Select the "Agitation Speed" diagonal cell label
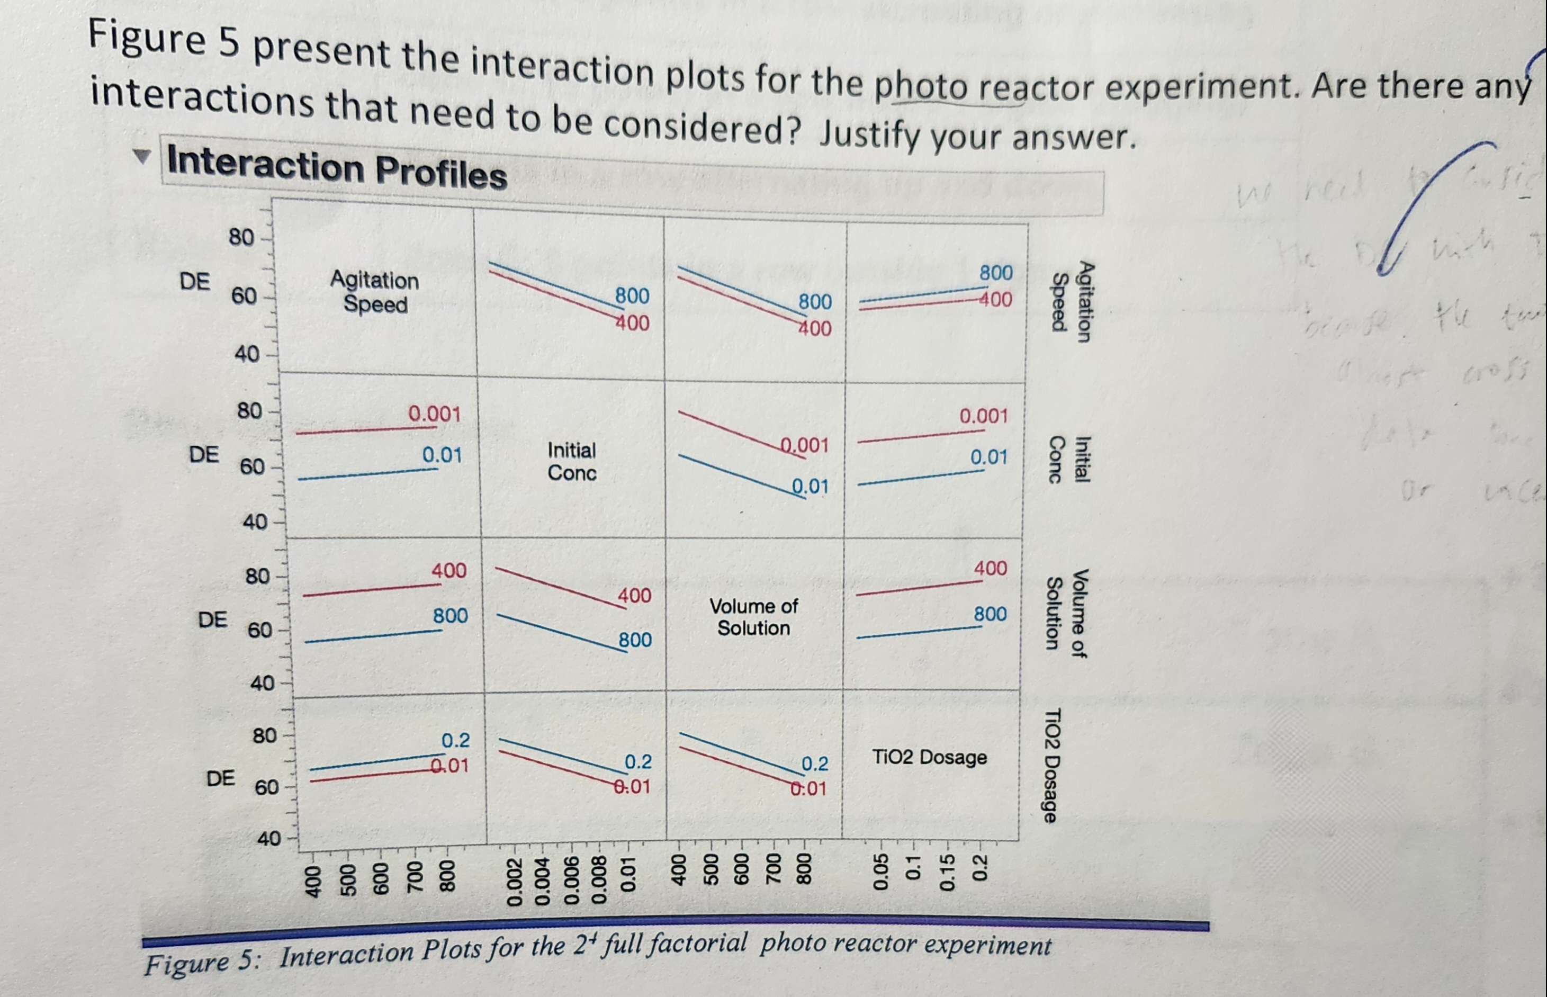tap(375, 292)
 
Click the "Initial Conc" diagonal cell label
tap(572, 461)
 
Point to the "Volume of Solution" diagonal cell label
tap(753, 617)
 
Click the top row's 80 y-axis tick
tap(241, 238)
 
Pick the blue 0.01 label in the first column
tap(442, 455)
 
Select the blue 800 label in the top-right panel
tap(995, 273)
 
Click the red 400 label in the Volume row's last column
tap(991, 569)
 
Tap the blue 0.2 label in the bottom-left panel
tap(456, 740)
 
